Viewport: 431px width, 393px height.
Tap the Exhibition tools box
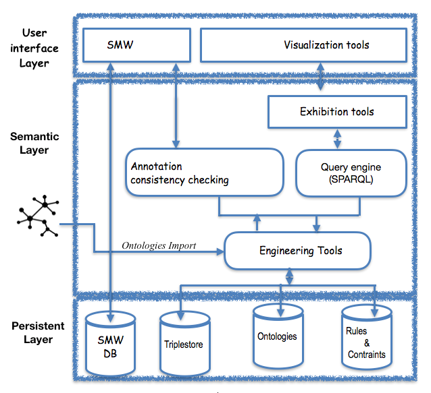tap(336, 111)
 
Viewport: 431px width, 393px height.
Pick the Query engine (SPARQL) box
tap(351, 173)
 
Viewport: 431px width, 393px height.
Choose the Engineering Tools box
tap(298, 251)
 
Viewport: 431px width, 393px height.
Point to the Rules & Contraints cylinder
tap(366, 341)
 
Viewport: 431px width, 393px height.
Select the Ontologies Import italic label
tap(159, 245)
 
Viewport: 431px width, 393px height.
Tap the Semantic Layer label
tap(34, 143)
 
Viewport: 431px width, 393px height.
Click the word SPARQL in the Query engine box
tap(351, 180)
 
